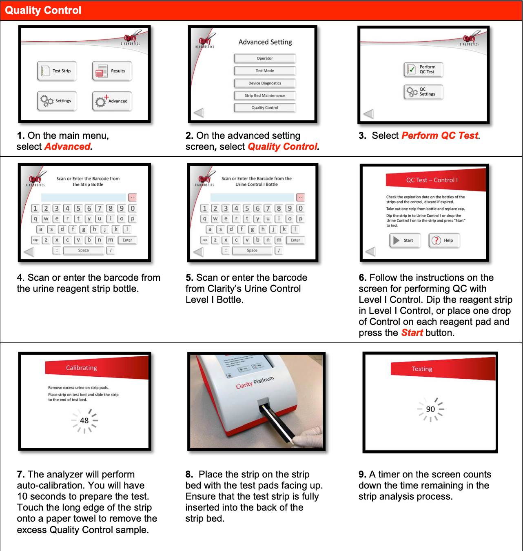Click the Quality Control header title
[43, 10]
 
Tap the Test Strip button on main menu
[57, 71]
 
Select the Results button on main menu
[112, 71]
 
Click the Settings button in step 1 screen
[57, 101]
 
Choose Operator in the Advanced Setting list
[265, 58]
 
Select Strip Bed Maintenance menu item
[265, 96]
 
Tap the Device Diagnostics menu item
[265, 83]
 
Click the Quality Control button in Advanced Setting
[265, 108]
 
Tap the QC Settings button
[423, 92]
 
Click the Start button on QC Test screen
[404, 240]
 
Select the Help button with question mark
[444, 240]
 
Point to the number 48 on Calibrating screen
[84, 420]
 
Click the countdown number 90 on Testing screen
[430, 409]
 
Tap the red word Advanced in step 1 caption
[68, 147]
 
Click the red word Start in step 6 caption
[412, 333]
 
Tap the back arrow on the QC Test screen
[370, 251]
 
